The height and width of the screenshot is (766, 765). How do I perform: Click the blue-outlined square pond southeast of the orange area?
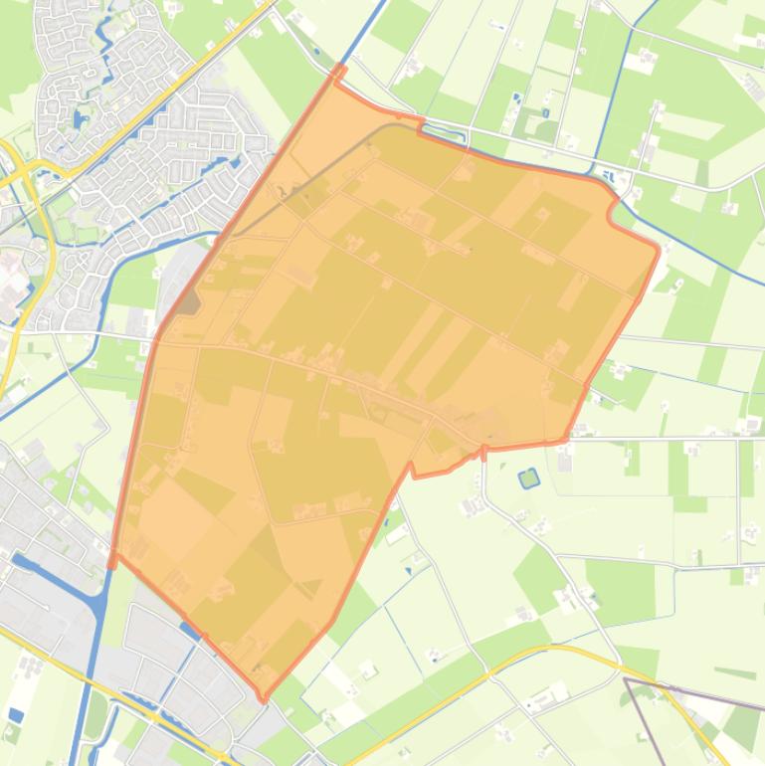coord(528,479)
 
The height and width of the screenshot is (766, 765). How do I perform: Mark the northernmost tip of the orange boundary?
coord(340,68)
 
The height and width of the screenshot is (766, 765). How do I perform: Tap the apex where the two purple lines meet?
coord(626,680)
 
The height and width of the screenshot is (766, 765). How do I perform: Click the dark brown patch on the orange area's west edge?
coord(187,302)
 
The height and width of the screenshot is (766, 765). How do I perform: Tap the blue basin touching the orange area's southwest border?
coord(189,629)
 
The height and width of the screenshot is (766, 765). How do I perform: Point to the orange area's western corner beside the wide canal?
coord(111,557)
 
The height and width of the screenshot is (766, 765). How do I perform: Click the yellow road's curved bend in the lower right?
coord(557,649)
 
